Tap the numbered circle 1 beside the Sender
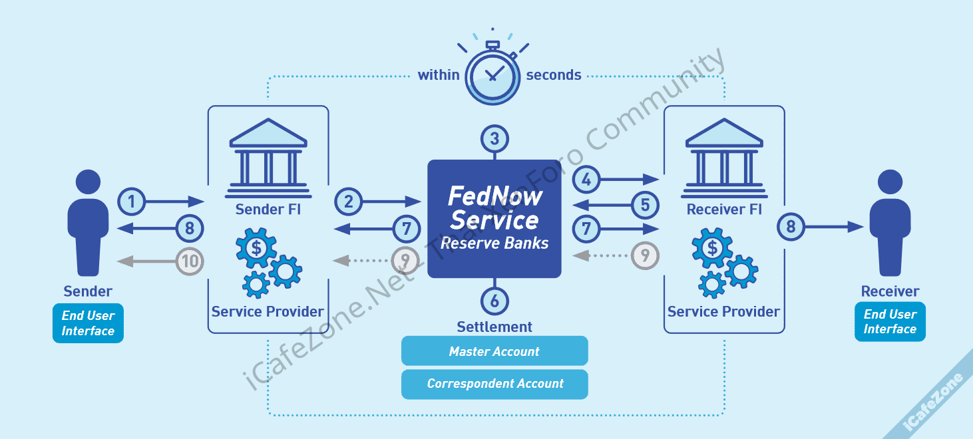coord(132,201)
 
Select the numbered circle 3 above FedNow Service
coord(494,140)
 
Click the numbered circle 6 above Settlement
coord(494,301)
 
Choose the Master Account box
coord(494,351)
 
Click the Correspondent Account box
coord(494,384)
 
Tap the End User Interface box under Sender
coord(88,323)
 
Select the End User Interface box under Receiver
coord(890,322)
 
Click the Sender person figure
coord(88,223)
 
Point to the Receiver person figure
coord(890,223)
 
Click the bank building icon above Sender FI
coord(268,155)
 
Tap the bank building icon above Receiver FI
coord(724,155)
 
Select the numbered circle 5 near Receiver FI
coord(645,205)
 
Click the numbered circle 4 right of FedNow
coord(586,179)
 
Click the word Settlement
coord(494,327)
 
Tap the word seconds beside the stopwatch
coord(554,75)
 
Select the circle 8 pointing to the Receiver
coord(791,227)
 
